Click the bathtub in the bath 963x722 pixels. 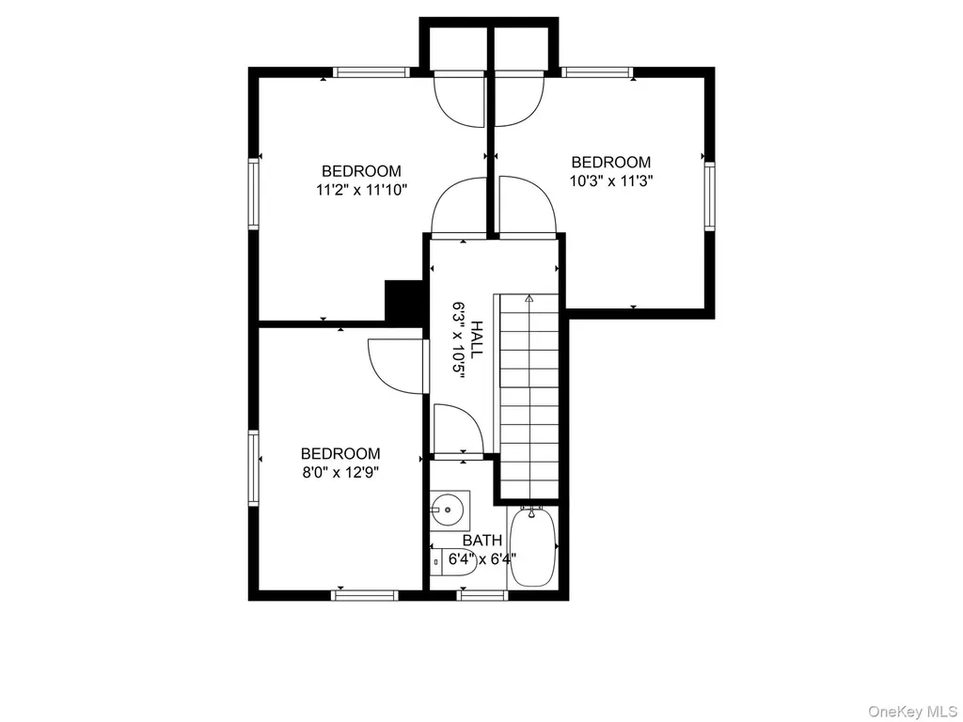[x=533, y=546]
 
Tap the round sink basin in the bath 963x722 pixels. [x=447, y=510]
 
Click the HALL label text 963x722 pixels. [x=477, y=339]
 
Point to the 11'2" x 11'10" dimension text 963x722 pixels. [x=362, y=190]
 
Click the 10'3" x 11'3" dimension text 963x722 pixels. [x=610, y=181]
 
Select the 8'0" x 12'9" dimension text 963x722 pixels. [x=340, y=473]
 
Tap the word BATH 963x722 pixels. [x=482, y=541]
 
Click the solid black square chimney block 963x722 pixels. [x=404, y=300]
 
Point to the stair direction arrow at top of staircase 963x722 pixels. [x=529, y=299]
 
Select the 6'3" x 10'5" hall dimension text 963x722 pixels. [x=458, y=339]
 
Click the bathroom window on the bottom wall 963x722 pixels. [x=482, y=595]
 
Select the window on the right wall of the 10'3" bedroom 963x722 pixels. [x=709, y=196]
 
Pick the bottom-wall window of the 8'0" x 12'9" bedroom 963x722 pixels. [x=365, y=595]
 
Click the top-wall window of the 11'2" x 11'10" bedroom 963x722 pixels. [x=371, y=71]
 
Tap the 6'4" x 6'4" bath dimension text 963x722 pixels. [x=482, y=559]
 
